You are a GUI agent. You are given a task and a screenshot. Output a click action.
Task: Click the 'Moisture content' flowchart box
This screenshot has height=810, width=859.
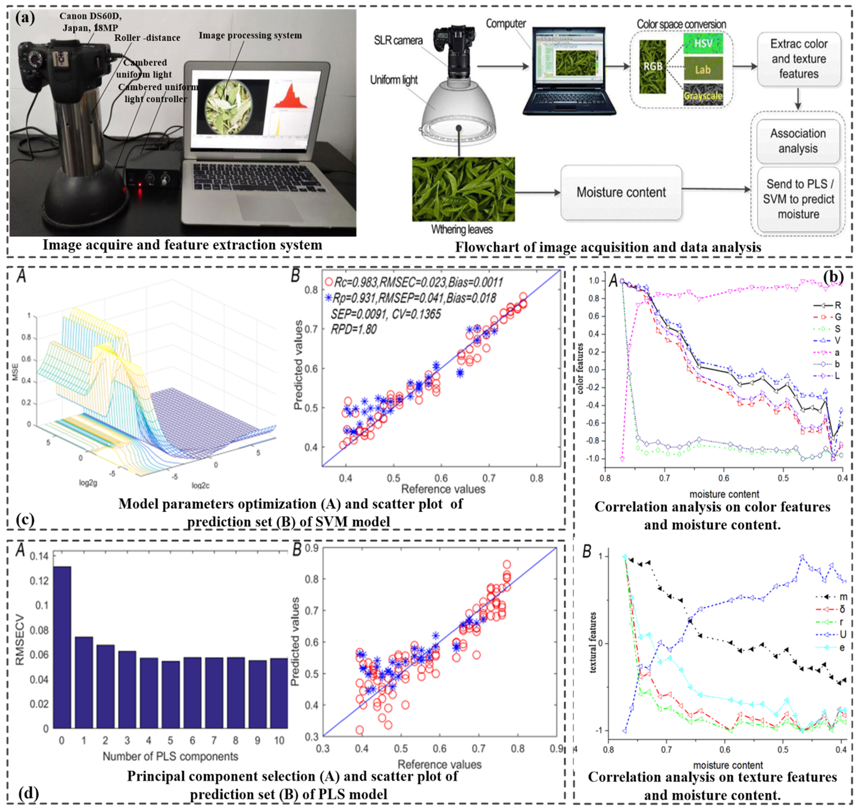[x=621, y=192]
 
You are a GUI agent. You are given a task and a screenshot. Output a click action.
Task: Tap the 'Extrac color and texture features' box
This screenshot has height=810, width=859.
[x=798, y=59]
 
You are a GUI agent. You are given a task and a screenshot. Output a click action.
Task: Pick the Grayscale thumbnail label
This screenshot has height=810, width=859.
[x=703, y=96]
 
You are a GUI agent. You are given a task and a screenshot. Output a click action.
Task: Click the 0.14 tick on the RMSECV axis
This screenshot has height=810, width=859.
[x=39, y=556]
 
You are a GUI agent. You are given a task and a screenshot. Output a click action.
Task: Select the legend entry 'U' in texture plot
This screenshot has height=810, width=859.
[x=842, y=634]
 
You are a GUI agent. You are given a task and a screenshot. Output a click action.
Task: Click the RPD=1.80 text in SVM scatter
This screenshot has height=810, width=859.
[x=354, y=330]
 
